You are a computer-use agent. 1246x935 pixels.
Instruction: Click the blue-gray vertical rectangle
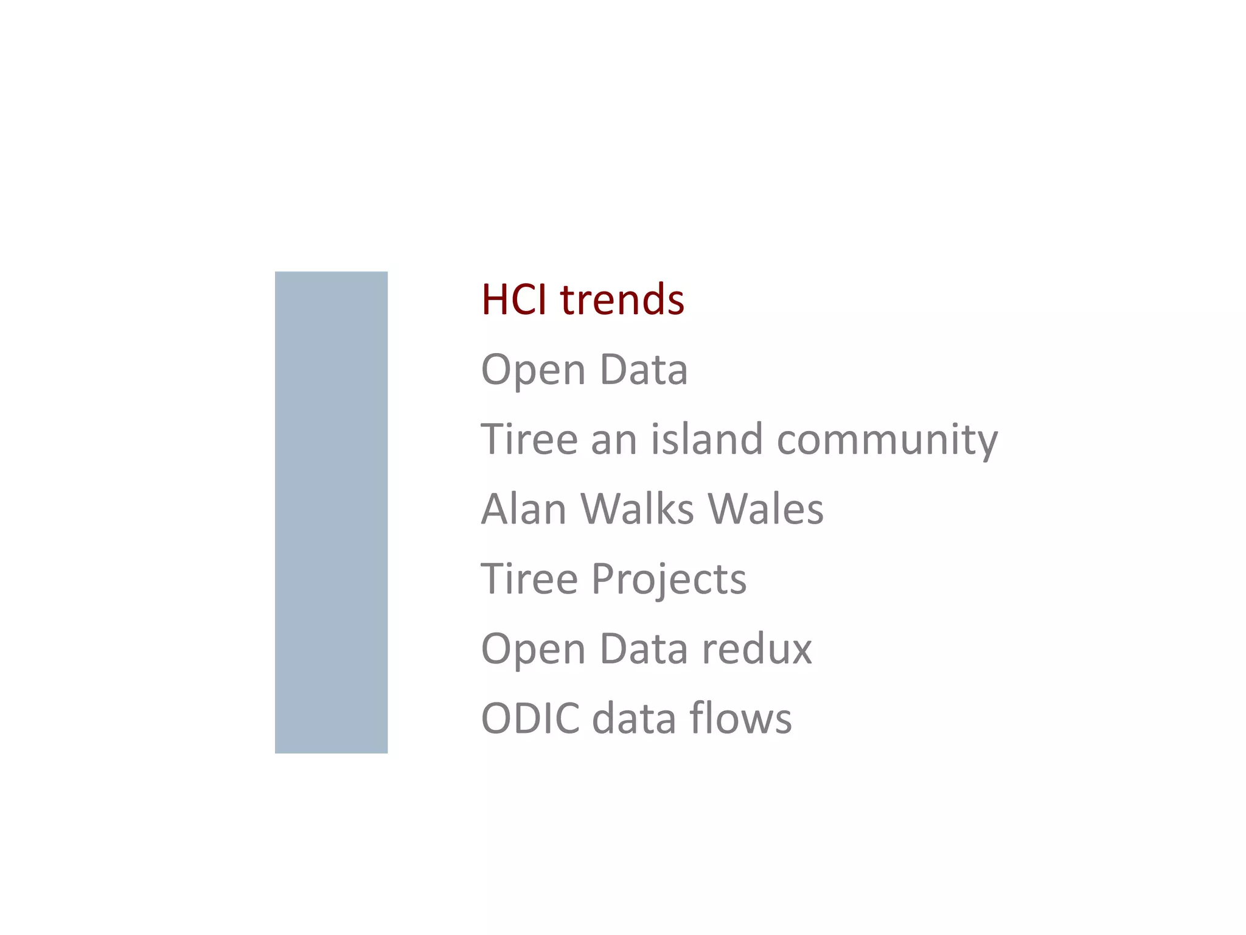pos(331,512)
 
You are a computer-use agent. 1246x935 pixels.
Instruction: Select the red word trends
pos(622,299)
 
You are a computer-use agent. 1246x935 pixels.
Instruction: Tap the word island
pos(706,439)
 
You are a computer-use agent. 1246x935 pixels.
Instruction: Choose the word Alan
pos(524,509)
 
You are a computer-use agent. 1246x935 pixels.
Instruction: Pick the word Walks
pos(637,509)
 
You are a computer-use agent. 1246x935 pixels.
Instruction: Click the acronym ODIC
pos(530,718)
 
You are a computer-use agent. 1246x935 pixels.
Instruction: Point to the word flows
pos(740,718)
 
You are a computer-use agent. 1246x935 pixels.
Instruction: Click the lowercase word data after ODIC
pos(634,718)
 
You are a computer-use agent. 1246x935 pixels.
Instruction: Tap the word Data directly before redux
pos(644,649)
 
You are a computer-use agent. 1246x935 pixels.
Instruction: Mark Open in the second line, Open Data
pos(533,371)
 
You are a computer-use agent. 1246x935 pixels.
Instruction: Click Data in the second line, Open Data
pos(644,369)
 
